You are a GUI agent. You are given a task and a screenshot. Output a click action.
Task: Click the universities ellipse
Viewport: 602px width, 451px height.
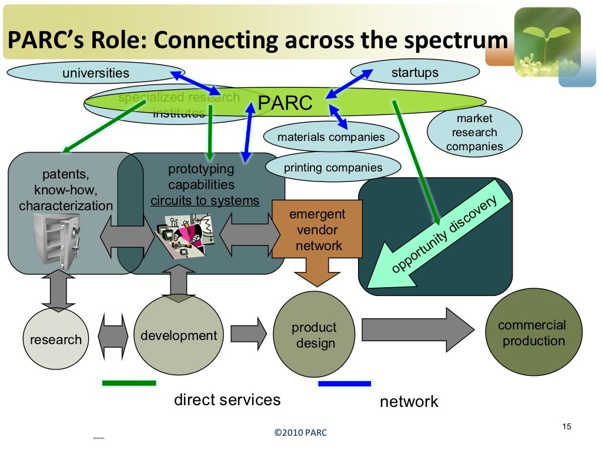pos(95,73)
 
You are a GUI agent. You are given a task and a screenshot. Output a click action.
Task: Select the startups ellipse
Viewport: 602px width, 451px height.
pos(414,73)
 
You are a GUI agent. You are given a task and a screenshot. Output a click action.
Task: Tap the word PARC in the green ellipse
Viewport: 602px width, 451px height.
pos(285,103)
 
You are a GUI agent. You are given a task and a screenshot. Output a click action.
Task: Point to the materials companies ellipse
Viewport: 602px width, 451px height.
pos(330,137)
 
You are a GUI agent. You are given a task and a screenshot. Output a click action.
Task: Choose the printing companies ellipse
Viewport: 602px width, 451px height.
pos(333,168)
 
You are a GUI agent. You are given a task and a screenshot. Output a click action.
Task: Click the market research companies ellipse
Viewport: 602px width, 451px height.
pos(474,132)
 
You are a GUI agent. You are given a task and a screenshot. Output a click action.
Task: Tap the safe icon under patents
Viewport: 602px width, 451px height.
pos(56,241)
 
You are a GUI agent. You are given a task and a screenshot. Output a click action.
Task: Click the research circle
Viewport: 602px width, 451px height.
pos(56,339)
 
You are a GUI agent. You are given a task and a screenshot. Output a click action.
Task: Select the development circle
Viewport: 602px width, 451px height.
pos(179,335)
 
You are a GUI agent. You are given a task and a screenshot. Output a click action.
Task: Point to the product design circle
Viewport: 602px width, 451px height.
pos(314,335)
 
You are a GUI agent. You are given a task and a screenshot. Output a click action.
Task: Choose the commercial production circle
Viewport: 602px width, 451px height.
pos(533,332)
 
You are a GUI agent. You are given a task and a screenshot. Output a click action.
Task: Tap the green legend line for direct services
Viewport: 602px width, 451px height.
pos(129,383)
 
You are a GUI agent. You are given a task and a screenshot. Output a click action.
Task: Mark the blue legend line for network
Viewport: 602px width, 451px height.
pos(345,383)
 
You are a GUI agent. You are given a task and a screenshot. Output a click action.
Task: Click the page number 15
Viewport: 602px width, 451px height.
pos(566,426)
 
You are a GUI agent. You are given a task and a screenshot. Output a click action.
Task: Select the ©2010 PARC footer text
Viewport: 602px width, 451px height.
pos(300,433)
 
